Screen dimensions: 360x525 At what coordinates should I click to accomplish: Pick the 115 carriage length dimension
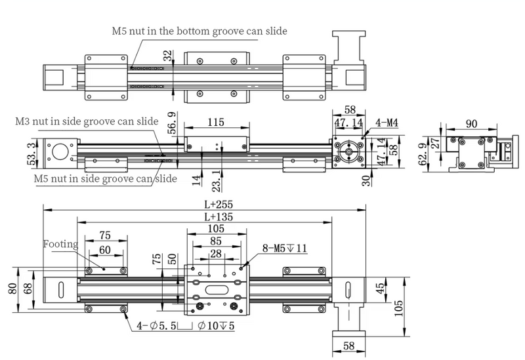click(x=215, y=122)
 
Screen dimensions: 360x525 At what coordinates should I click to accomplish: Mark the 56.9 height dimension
click(x=173, y=123)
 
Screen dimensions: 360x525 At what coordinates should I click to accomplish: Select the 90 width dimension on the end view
click(x=470, y=124)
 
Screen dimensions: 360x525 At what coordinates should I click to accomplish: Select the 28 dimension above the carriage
click(x=216, y=252)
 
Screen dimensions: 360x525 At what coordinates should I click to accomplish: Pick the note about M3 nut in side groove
click(x=87, y=121)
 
